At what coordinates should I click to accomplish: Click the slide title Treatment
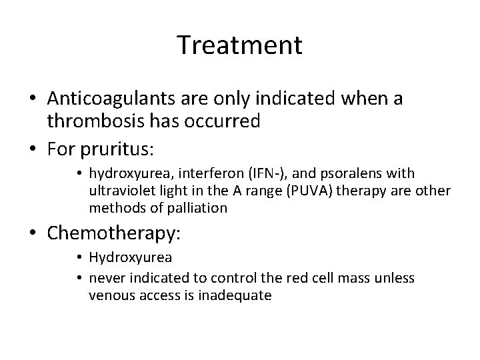[240, 46]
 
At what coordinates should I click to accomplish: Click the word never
[104, 278]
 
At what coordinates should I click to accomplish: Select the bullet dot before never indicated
[79, 279]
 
